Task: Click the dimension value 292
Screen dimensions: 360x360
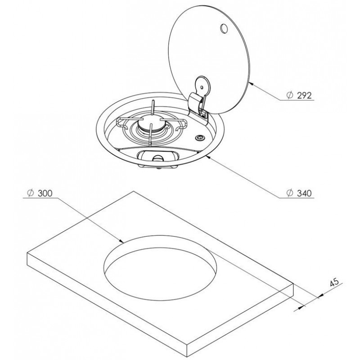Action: pyautogui.click(x=305, y=95)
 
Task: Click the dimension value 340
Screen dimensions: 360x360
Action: pyautogui.click(x=305, y=193)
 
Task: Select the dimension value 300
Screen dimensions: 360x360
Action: pyautogui.click(x=45, y=193)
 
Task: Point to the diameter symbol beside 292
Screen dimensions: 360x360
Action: pyautogui.click(x=290, y=95)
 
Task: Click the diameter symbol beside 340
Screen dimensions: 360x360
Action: pyautogui.click(x=290, y=193)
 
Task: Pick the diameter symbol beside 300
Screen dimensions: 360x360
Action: pyautogui.click(x=30, y=193)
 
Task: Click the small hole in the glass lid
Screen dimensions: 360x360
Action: pyautogui.click(x=224, y=29)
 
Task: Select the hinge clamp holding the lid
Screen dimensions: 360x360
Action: pyautogui.click(x=197, y=104)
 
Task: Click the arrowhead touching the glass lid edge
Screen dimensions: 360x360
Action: pyautogui.click(x=251, y=84)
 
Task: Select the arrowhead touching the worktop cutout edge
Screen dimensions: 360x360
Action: pyautogui.click(x=121, y=241)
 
